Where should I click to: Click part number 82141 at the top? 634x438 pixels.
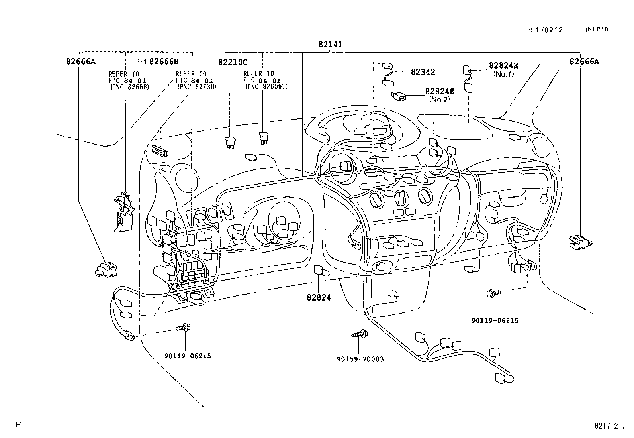pyautogui.click(x=330, y=45)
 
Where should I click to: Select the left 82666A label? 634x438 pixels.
pyautogui.click(x=80, y=61)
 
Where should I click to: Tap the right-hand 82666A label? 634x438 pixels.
pyautogui.click(x=584, y=61)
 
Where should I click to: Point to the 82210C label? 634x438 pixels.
pyautogui.click(x=233, y=62)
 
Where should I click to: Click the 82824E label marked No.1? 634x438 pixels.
pyautogui.click(x=503, y=66)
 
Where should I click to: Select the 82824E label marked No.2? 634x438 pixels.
pyautogui.click(x=439, y=91)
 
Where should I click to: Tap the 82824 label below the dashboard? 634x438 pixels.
pyautogui.click(x=319, y=297)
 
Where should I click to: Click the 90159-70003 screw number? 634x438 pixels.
pyautogui.click(x=360, y=359)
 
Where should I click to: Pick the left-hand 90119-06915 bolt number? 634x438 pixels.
pyautogui.click(x=188, y=356)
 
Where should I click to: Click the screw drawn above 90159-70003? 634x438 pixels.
pyautogui.click(x=360, y=334)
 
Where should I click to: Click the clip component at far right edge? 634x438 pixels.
pyautogui.click(x=579, y=240)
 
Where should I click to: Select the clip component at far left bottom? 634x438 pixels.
pyautogui.click(x=106, y=269)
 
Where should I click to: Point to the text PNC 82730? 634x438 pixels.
pyautogui.click(x=197, y=87)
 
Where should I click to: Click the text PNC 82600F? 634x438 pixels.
pyautogui.click(x=266, y=86)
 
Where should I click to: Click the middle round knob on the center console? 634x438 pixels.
pyautogui.click(x=400, y=198)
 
